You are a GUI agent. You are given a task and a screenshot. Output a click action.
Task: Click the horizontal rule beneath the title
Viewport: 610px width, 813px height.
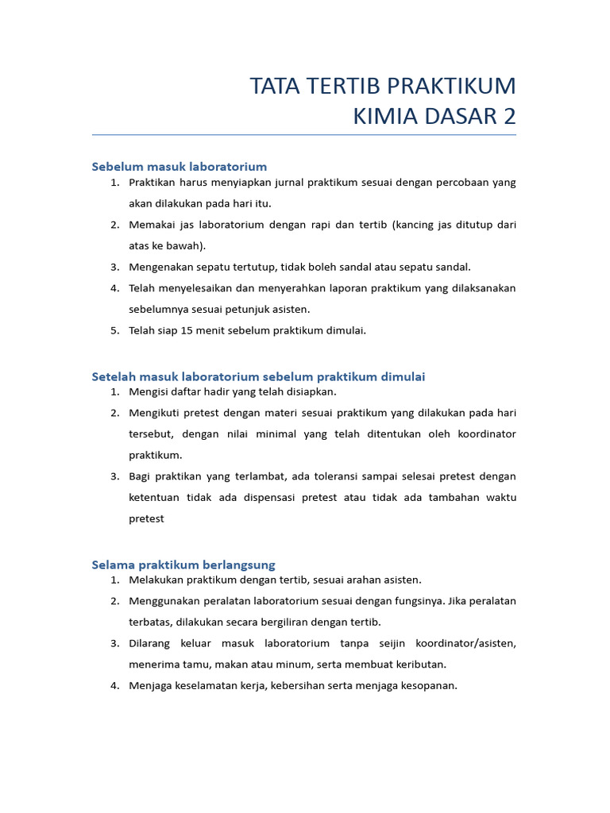(x=304, y=135)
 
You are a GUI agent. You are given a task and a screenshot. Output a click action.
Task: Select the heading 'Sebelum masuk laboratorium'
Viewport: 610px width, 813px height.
(x=180, y=167)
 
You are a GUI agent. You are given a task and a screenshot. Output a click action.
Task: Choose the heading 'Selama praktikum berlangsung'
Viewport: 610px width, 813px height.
(x=183, y=564)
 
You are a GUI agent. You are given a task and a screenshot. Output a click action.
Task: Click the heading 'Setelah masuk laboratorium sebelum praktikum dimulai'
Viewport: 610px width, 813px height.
(x=259, y=376)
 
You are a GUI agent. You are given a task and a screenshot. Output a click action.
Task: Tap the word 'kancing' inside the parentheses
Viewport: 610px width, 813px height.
(x=415, y=225)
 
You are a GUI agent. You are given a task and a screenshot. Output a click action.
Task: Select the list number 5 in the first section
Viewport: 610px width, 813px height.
(x=114, y=330)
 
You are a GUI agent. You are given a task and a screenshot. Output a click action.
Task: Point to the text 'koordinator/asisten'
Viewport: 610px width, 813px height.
(x=469, y=643)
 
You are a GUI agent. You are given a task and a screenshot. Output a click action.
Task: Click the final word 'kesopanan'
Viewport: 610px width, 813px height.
(x=429, y=685)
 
